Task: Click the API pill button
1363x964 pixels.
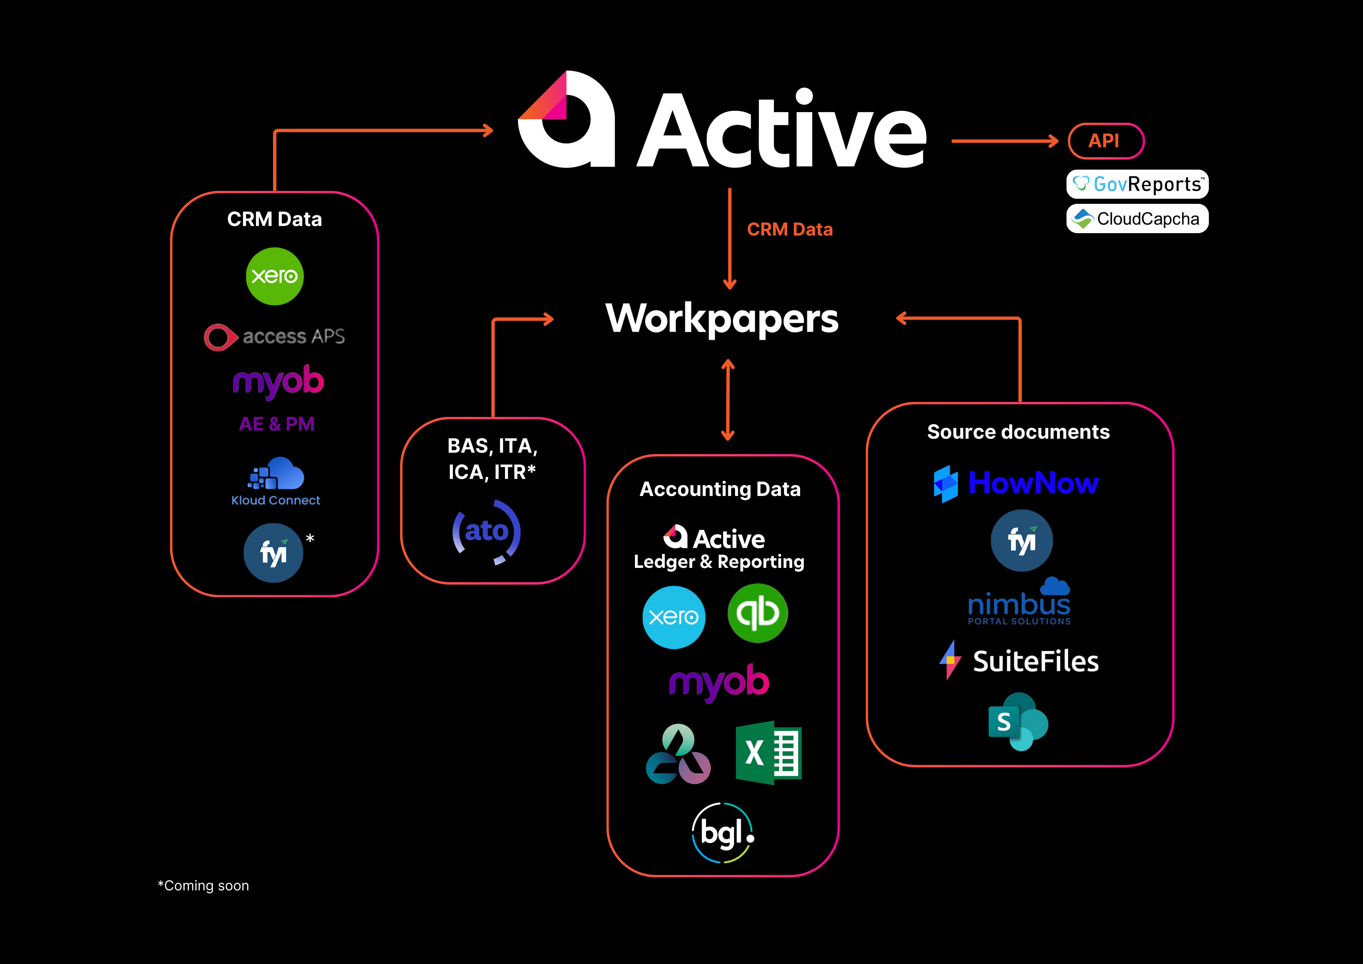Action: pyautogui.click(x=1105, y=141)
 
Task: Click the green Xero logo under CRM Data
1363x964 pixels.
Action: pyautogui.click(x=274, y=276)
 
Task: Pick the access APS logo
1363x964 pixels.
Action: pyautogui.click(x=274, y=337)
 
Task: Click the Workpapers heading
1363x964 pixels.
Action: pyautogui.click(x=722, y=319)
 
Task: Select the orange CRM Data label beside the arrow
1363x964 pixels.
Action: pyautogui.click(x=790, y=229)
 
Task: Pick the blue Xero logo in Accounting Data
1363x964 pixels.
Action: pyautogui.click(x=674, y=617)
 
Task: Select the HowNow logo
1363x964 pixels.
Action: pyautogui.click(x=1016, y=483)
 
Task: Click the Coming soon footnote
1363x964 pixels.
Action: pyautogui.click(x=204, y=886)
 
